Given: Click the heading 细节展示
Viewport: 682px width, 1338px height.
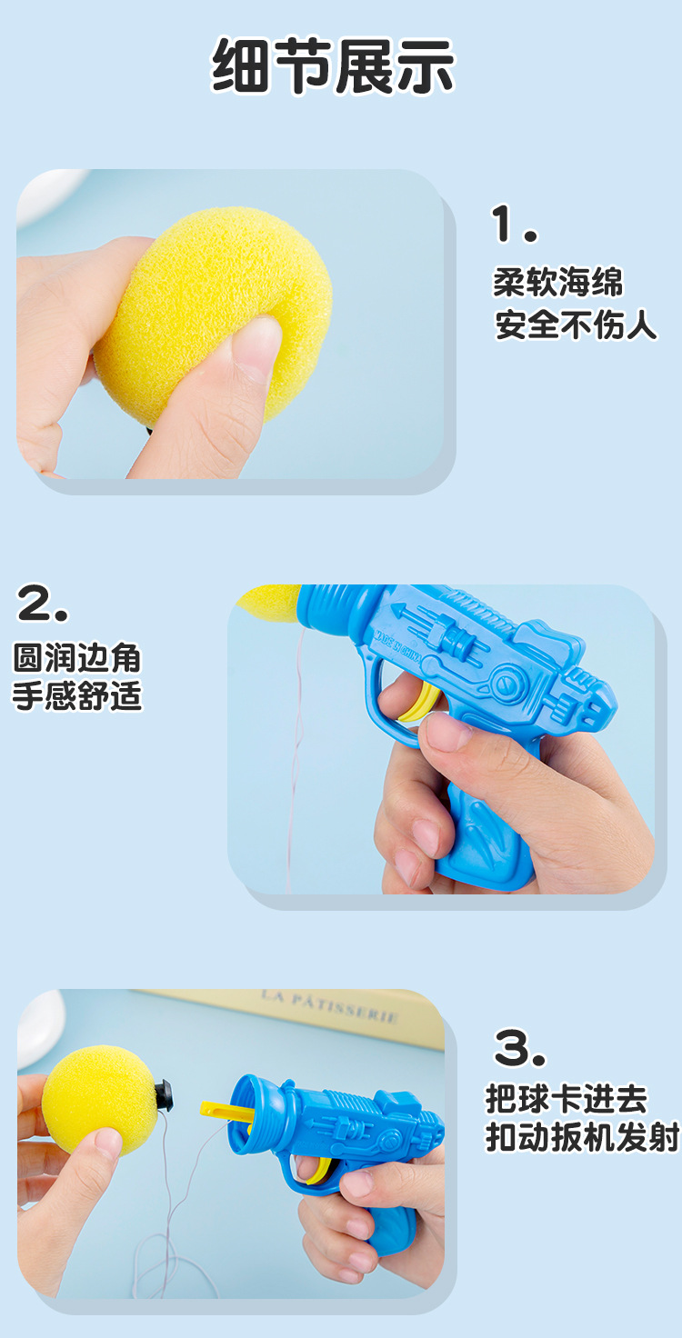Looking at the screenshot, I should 333,67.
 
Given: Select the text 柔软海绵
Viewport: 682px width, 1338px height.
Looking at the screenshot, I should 557,282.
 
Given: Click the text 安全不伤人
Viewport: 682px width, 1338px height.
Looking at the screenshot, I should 575,325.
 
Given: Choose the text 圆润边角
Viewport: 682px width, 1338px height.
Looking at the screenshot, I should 77,657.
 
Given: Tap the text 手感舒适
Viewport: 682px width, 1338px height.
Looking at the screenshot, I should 77,696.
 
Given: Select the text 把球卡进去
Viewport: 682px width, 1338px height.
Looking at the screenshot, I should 566,1099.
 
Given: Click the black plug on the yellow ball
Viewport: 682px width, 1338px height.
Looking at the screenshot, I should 166,1094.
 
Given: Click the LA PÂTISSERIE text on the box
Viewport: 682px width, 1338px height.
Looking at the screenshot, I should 329,1005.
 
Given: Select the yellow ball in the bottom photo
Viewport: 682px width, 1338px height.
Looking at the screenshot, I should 95,1100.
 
